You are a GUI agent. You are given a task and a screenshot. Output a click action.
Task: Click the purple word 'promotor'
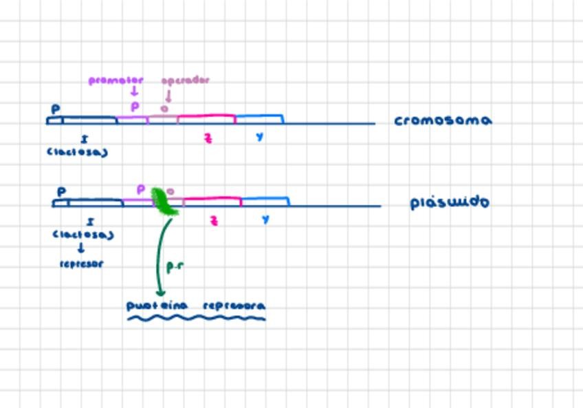point(115,80)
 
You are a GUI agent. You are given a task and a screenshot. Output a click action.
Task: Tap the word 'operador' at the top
point(185,80)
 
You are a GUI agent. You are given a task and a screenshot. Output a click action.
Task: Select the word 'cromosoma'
point(443,120)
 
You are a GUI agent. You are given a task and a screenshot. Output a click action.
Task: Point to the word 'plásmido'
point(449,202)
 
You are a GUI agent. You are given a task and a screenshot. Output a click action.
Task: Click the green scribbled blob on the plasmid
point(164,202)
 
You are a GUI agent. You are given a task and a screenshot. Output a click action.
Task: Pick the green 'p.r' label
point(175,266)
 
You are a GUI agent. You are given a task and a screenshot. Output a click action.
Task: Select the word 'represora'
point(234,305)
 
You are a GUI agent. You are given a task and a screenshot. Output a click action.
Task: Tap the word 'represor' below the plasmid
point(81,264)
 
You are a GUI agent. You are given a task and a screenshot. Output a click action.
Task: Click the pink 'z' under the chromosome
point(208,138)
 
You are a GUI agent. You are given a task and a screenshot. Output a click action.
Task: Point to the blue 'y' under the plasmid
point(265,219)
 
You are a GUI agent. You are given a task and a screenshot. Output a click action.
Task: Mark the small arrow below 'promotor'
point(135,92)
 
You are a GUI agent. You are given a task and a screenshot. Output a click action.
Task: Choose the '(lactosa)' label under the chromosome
point(77,152)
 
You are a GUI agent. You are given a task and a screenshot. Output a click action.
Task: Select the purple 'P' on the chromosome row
point(135,107)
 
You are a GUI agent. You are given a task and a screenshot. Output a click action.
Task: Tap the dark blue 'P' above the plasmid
point(61,192)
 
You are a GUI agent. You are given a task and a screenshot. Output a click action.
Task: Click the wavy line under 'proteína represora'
point(196,318)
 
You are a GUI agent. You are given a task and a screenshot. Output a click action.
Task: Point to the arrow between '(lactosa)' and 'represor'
point(80,248)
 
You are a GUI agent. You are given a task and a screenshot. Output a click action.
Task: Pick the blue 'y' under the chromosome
point(259,137)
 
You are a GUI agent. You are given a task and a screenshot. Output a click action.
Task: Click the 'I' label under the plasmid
point(91,222)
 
